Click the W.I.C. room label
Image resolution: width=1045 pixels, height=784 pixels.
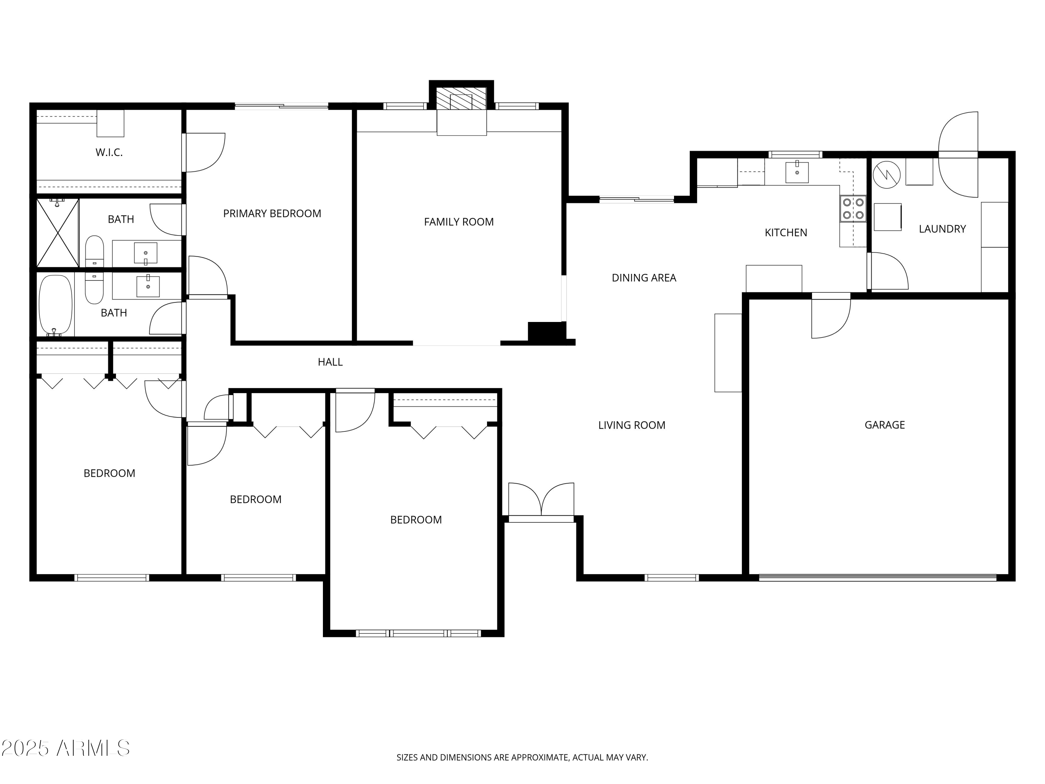pyautogui.click(x=109, y=152)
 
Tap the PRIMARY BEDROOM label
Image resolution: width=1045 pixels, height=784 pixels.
pyautogui.click(x=272, y=214)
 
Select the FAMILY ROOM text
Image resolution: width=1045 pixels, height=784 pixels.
pyautogui.click(x=459, y=222)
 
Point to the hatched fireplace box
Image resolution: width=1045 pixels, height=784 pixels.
pyautogui.click(x=461, y=98)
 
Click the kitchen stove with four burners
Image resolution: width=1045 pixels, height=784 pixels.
pyautogui.click(x=853, y=208)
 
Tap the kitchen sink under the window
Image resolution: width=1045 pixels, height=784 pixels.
pyautogui.click(x=797, y=172)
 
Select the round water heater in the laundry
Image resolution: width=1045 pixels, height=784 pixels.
pyautogui.click(x=887, y=175)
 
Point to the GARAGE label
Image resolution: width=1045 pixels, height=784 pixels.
pyautogui.click(x=884, y=425)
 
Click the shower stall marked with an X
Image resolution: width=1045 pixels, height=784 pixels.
pyautogui.click(x=57, y=233)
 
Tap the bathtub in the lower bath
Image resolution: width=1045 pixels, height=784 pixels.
pyautogui.click(x=55, y=305)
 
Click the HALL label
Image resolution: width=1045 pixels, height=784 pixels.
pyautogui.click(x=330, y=362)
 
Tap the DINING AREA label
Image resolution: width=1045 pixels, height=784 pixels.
pyautogui.click(x=644, y=278)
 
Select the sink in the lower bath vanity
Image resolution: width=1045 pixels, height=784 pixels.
pyautogui.click(x=148, y=286)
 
